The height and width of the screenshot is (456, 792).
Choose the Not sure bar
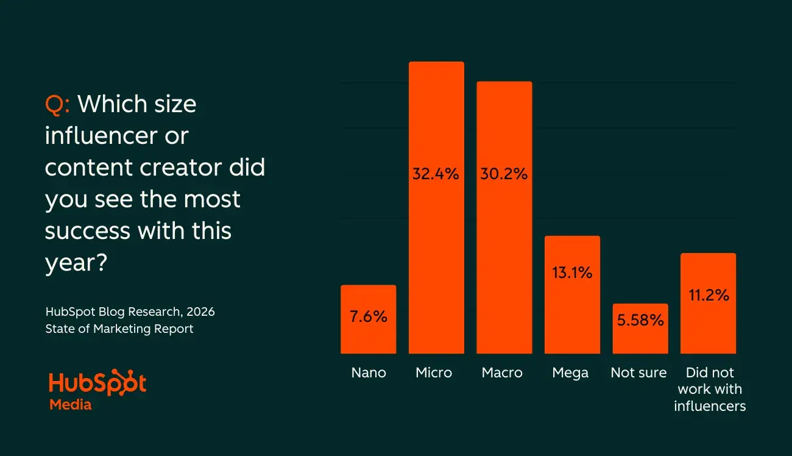click(640, 338)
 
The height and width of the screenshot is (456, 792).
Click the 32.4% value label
click(436, 174)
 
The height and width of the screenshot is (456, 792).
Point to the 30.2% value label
click(504, 174)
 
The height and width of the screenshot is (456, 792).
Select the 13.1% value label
click(572, 273)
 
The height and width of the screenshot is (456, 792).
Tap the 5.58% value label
click(640, 320)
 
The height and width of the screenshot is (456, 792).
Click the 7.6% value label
click(368, 318)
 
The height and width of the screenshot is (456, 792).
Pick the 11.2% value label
click(709, 296)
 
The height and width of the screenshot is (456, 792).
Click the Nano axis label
click(369, 373)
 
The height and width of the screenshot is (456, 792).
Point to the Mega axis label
click(570, 373)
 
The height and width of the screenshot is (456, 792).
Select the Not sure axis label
click(638, 373)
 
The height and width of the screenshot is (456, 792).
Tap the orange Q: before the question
click(57, 105)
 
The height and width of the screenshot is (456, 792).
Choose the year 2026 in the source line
click(200, 312)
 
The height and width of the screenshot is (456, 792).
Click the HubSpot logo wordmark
click(97, 384)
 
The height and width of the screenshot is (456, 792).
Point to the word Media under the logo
click(70, 405)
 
